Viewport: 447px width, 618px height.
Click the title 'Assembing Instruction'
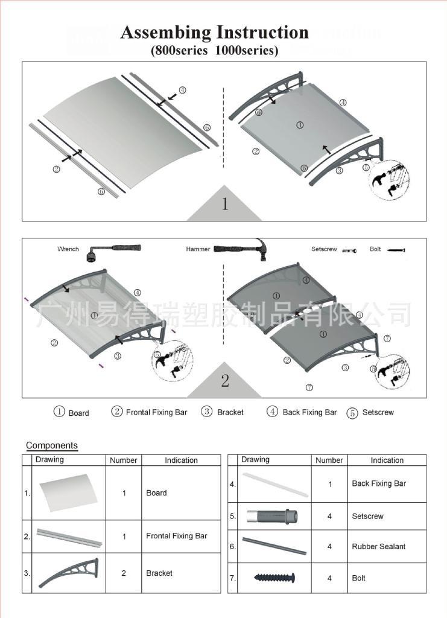point(214,32)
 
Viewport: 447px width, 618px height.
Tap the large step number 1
point(224,204)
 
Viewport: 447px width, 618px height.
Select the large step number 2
point(224,381)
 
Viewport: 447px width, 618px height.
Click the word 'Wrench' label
point(68,249)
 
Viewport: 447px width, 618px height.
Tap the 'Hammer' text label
point(198,249)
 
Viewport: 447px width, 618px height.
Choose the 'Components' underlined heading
point(52,446)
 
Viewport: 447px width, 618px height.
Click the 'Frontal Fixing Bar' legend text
point(156,412)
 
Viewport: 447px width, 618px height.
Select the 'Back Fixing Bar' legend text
point(309,412)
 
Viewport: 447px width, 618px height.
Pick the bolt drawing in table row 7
point(274,578)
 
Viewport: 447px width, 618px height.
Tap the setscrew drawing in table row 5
point(272,517)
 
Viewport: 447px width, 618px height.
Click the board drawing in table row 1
point(68,492)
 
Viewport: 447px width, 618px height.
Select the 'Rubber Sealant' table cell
point(378,547)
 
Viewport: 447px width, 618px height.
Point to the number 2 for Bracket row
point(124,573)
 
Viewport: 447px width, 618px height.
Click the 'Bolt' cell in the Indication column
point(358,578)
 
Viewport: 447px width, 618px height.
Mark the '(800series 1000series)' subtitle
point(214,51)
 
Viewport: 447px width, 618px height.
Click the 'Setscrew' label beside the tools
point(324,249)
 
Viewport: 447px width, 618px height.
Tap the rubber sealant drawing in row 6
point(274,546)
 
